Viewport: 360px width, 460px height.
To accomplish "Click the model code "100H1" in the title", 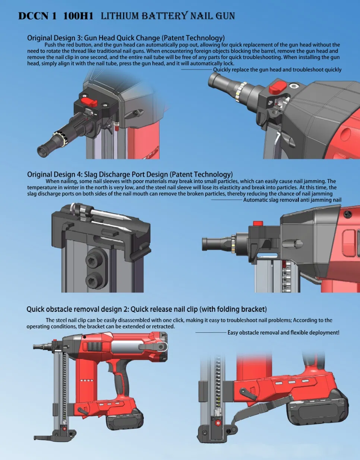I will (x=78, y=16).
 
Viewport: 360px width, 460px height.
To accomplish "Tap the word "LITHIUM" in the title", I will (x=120, y=16).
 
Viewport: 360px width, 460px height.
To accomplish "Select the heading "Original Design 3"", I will (x=54, y=38).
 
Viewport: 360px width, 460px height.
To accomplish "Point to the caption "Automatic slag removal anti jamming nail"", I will (x=292, y=200).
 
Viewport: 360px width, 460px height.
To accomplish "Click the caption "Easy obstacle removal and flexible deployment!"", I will (x=283, y=332).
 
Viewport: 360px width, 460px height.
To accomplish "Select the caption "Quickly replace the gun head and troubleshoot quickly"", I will (x=277, y=70).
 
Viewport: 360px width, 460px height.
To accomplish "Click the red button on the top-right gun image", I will (x=278, y=87).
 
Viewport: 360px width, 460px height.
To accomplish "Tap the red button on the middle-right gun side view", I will (x=258, y=223).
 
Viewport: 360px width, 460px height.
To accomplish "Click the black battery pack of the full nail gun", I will (x=125, y=420).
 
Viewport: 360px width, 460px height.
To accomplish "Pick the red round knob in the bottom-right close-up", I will (x=218, y=423).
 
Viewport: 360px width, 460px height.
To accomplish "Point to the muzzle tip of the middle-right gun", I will (x=206, y=244).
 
